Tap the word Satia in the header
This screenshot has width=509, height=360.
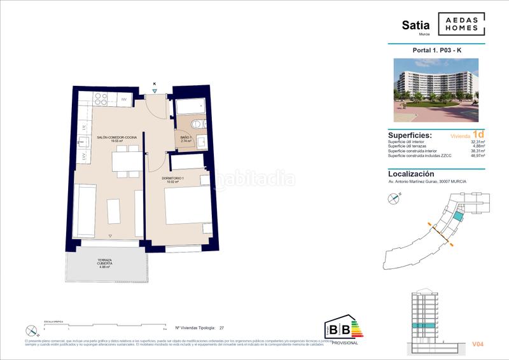point(415,25)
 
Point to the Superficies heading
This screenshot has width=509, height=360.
point(410,135)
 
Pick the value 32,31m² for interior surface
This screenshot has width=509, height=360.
point(476,141)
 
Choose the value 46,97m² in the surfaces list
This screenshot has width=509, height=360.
point(476,155)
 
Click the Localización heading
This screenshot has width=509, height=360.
point(411,173)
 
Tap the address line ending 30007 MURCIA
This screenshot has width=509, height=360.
point(427,181)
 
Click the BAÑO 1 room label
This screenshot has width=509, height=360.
point(186,138)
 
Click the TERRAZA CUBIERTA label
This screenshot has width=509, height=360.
point(106,263)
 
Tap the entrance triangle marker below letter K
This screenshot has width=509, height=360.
point(154,91)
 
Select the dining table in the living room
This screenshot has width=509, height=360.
point(127,162)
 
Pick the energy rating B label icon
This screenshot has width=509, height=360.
point(342,329)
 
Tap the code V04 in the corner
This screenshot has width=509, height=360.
point(478,344)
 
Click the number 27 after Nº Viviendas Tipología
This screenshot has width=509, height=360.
point(221,329)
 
